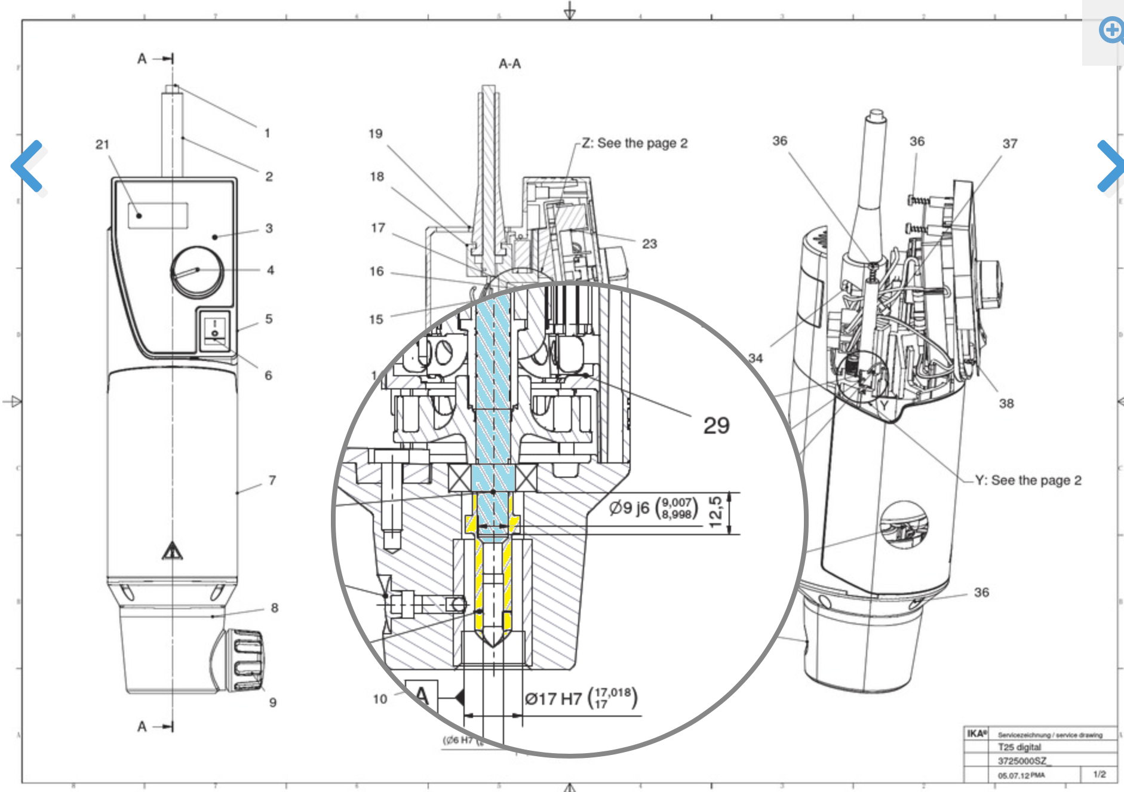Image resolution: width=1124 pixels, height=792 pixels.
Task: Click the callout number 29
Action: click(716, 425)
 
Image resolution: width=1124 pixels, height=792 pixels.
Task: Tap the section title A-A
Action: click(509, 64)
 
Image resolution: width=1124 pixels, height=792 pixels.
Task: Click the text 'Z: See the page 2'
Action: click(634, 143)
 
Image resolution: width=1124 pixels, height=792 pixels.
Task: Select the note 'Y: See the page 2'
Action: click(1028, 480)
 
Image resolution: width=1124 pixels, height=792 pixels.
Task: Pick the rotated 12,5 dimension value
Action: click(716, 511)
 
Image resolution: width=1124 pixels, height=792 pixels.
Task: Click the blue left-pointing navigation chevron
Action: click(27, 166)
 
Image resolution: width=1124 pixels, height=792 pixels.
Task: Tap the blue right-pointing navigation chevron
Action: click(1110, 166)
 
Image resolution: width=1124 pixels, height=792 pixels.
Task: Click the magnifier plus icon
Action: click(1111, 30)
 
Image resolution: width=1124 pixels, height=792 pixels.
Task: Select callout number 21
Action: click(102, 145)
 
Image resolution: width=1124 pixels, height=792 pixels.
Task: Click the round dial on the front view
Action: click(197, 271)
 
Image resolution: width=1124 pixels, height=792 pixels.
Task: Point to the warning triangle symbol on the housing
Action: click(172, 550)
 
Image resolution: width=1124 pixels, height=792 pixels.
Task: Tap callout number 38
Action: click(1006, 404)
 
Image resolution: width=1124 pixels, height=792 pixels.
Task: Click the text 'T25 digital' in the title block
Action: click(1019, 747)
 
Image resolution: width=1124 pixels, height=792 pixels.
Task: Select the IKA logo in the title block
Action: click(976, 733)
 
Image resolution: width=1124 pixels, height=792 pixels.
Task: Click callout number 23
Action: click(649, 244)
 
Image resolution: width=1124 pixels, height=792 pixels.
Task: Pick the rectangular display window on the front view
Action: click(158, 215)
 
